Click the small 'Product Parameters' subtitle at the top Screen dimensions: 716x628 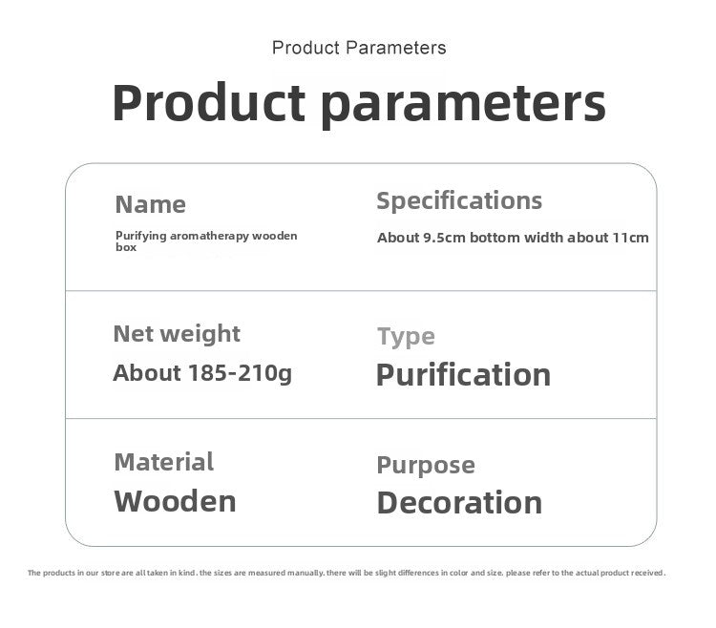(359, 48)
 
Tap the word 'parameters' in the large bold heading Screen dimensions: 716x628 (463, 105)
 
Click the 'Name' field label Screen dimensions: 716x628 (150, 204)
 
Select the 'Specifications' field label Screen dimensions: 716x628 (459, 201)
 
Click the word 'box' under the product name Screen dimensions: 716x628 (126, 247)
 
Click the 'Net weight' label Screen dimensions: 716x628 (177, 334)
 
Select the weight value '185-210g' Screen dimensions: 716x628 (240, 373)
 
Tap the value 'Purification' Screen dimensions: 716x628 (463, 375)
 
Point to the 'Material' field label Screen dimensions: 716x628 (164, 462)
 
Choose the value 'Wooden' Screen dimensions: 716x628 (175, 502)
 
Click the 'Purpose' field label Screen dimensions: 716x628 (426, 466)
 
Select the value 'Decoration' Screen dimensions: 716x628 (459, 502)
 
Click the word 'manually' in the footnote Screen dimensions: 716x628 (305, 573)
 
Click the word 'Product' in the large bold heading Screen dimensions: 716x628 (209, 102)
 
